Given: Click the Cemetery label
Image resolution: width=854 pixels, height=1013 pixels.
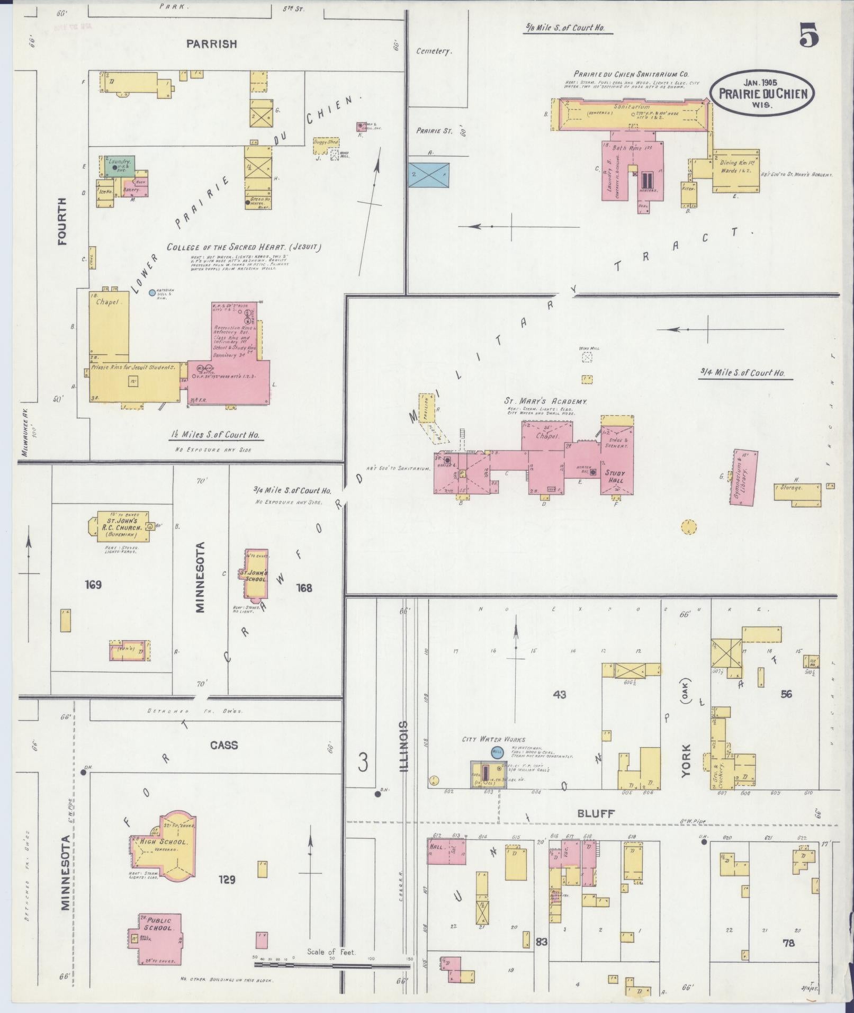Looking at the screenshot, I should click(x=434, y=51).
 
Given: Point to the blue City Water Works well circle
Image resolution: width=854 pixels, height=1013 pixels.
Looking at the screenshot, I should click(x=497, y=751).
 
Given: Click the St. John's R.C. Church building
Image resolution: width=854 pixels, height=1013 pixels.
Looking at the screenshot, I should click(x=119, y=525).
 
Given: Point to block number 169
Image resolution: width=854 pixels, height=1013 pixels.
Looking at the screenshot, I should click(x=92, y=585).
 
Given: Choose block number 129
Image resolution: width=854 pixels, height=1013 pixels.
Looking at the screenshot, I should click(x=226, y=880).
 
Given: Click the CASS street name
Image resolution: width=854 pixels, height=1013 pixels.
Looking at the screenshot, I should click(x=224, y=745).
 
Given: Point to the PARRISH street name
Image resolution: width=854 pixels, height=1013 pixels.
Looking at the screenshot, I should click(x=211, y=44).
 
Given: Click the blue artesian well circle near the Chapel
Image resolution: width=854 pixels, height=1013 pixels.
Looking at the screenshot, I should click(x=152, y=292).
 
